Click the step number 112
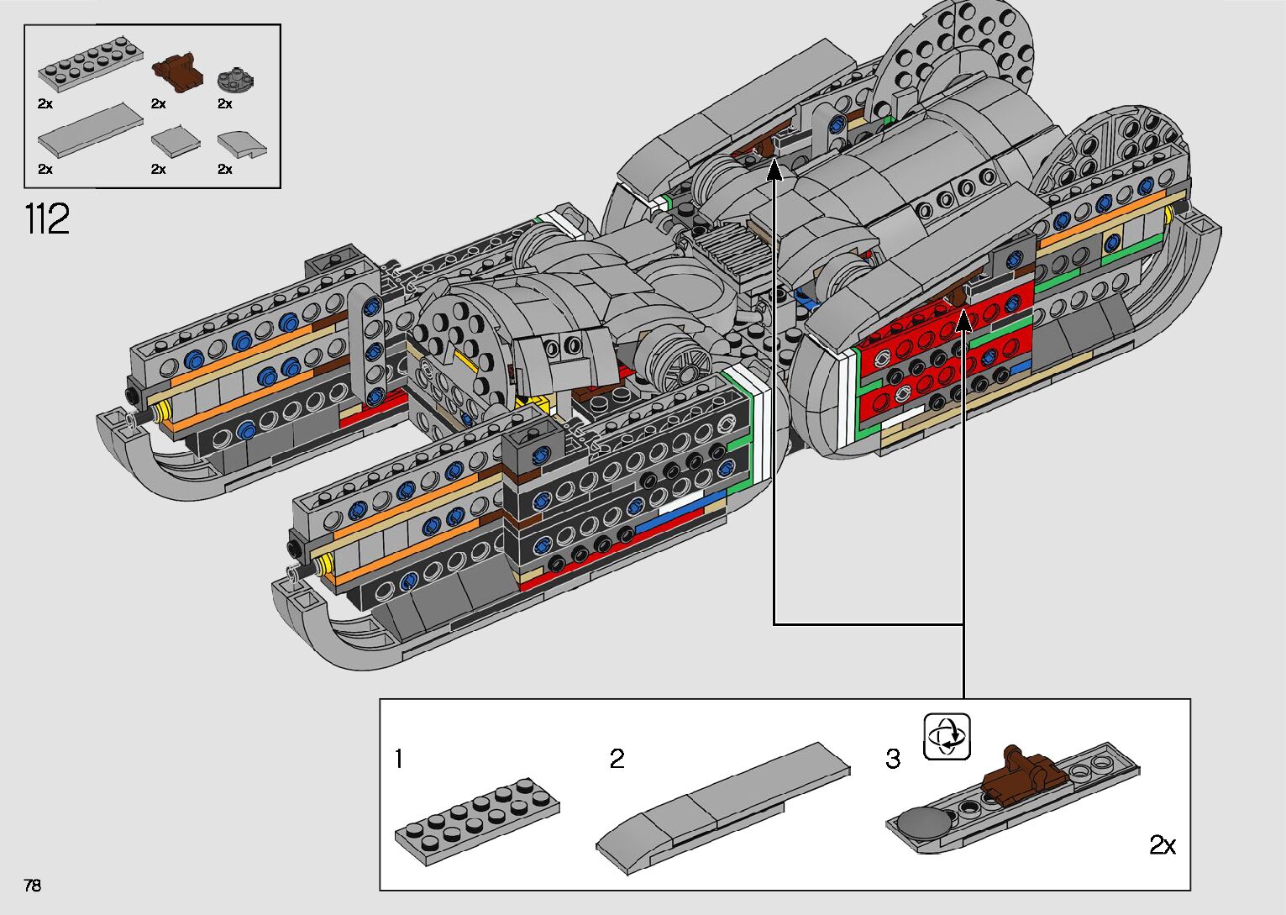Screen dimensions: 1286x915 (x=47, y=218)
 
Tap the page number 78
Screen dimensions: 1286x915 (x=33, y=885)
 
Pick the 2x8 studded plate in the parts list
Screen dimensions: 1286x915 (x=91, y=65)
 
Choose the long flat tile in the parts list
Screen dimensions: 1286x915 (x=91, y=129)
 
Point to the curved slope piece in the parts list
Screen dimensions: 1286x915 (x=242, y=145)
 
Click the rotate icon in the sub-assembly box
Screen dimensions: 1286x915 (x=947, y=736)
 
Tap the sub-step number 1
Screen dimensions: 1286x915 (x=399, y=759)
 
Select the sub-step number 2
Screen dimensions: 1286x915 (x=617, y=759)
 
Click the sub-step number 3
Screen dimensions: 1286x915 (x=893, y=759)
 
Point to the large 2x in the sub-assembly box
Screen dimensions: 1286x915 (x=1163, y=844)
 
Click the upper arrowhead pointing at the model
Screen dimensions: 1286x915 (x=774, y=170)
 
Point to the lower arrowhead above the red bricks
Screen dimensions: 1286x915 (x=964, y=320)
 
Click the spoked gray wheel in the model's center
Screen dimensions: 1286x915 (x=677, y=361)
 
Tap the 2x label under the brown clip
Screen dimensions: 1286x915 (x=159, y=103)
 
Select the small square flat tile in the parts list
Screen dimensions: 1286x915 (x=176, y=143)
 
